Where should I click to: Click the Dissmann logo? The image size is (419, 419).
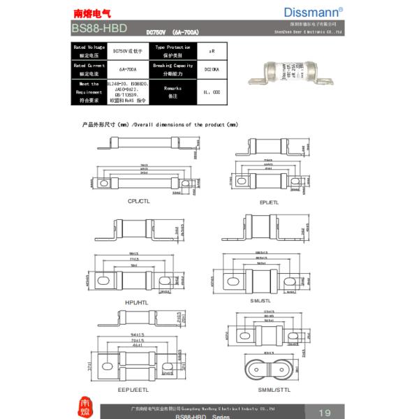[x=313, y=12]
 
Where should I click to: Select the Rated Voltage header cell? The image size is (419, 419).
[x=88, y=50]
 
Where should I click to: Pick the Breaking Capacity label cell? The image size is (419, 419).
[x=172, y=69]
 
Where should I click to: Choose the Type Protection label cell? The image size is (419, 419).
[x=172, y=50]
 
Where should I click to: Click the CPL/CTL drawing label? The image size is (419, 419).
[x=138, y=200]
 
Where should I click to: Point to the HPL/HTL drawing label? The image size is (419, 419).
[x=136, y=302]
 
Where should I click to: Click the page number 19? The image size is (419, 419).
[x=324, y=411]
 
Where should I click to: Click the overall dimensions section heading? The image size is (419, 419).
[x=160, y=124]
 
